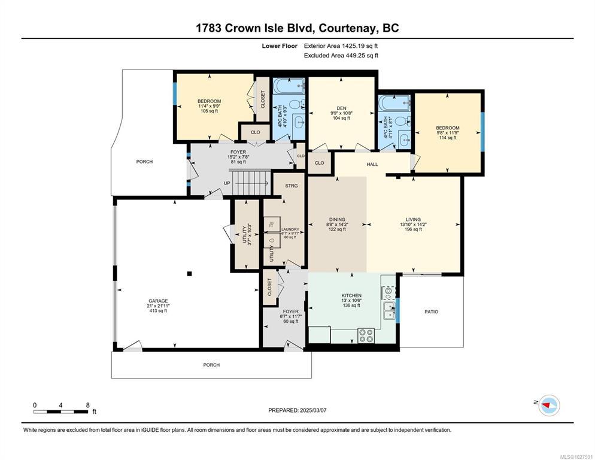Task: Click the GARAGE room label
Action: (158, 301)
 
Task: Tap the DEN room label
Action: (341, 108)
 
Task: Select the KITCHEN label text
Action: (351, 295)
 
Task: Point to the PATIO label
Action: (431, 312)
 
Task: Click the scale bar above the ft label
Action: (60, 411)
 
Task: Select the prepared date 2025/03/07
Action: (313, 410)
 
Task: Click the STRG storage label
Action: (292, 186)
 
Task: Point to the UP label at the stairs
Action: (227, 183)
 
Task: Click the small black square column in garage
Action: (189, 274)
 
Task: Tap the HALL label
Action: (372, 165)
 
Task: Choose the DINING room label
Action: (337, 220)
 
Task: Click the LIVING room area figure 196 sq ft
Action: (413, 229)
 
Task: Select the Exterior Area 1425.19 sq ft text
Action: (341, 46)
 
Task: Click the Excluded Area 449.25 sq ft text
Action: (341, 56)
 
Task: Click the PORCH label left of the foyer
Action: (145, 162)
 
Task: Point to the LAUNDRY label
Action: (290, 229)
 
